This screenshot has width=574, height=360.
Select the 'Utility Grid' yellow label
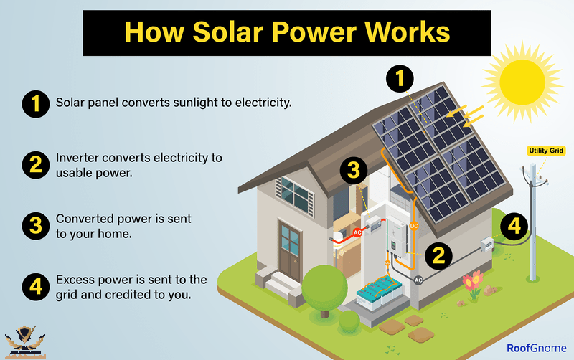point(547,151)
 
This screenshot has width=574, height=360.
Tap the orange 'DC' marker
point(414,226)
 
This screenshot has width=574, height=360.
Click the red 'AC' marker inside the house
point(357,232)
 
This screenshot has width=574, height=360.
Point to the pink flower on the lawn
point(471,279)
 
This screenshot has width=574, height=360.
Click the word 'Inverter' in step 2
point(77,158)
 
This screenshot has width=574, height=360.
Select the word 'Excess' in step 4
point(75,280)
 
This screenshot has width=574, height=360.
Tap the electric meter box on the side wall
point(487,244)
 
